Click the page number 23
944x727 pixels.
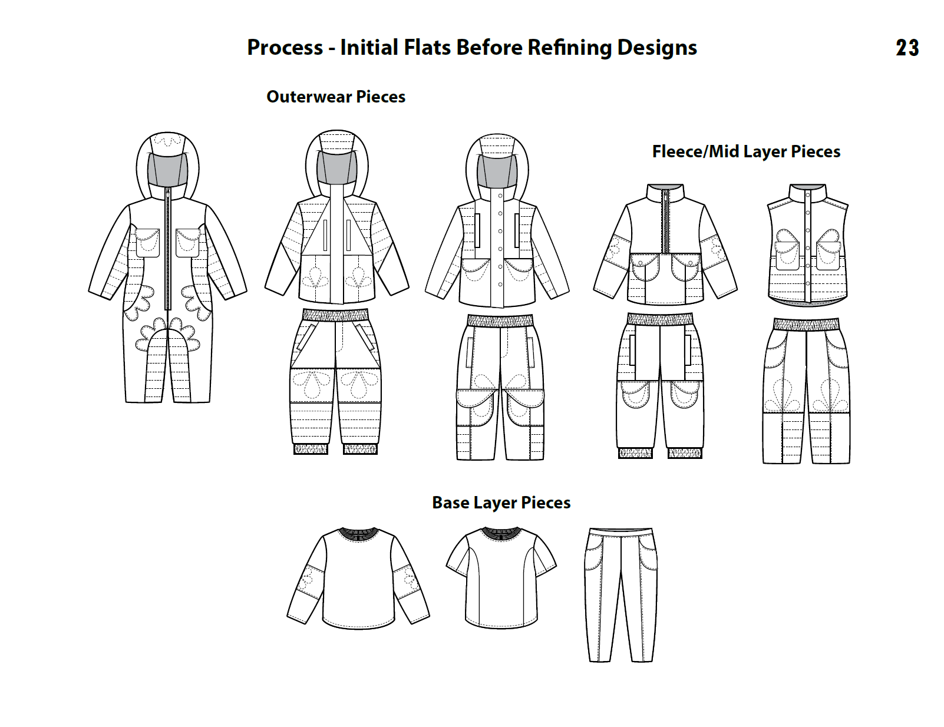(x=907, y=48)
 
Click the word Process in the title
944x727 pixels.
(x=285, y=48)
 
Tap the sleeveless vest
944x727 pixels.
(x=807, y=247)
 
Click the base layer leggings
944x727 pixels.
(x=620, y=595)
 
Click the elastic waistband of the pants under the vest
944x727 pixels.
(x=806, y=325)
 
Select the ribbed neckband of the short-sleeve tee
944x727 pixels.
(x=501, y=534)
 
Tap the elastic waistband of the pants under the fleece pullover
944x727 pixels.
(x=660, y=319)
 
